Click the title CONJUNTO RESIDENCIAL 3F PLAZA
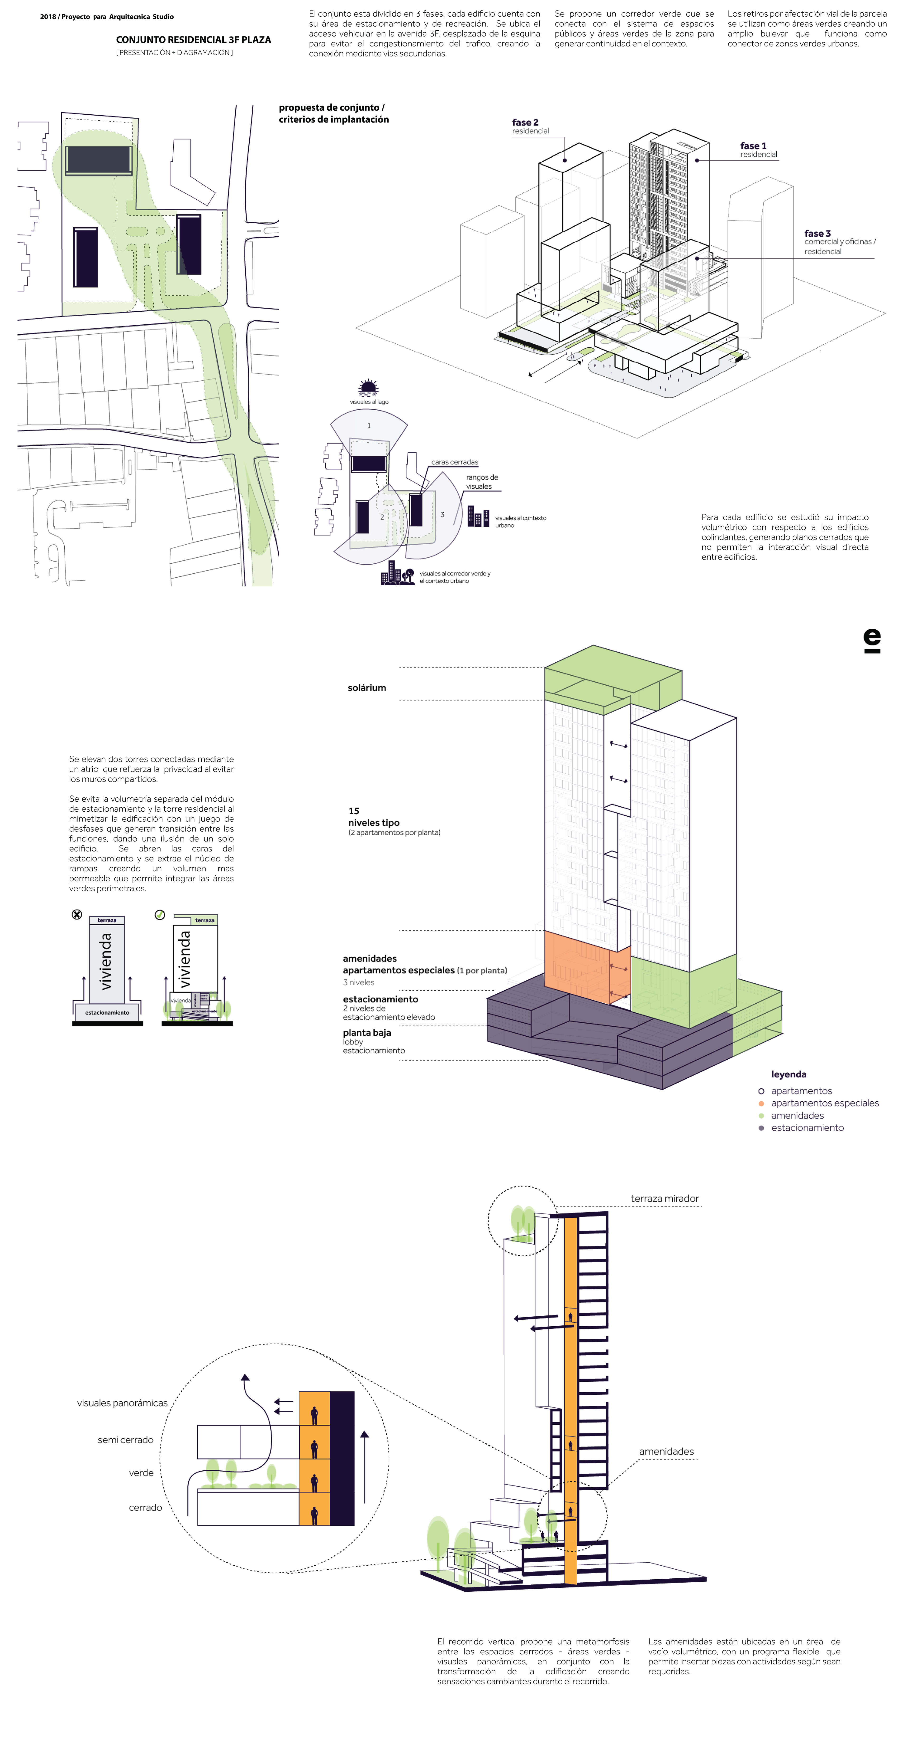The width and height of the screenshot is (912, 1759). (x=193, y=40)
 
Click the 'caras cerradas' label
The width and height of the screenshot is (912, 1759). (x=454, y=462)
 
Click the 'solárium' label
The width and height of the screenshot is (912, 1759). (x=367, y=688)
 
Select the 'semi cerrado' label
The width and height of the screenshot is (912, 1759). (x=126, y=1439)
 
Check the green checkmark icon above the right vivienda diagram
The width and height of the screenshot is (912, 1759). (x=160, y=914)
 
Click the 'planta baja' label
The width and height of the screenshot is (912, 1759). (x=367, y=1033)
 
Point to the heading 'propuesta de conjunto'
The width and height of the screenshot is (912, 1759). (x=331, y=107)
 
